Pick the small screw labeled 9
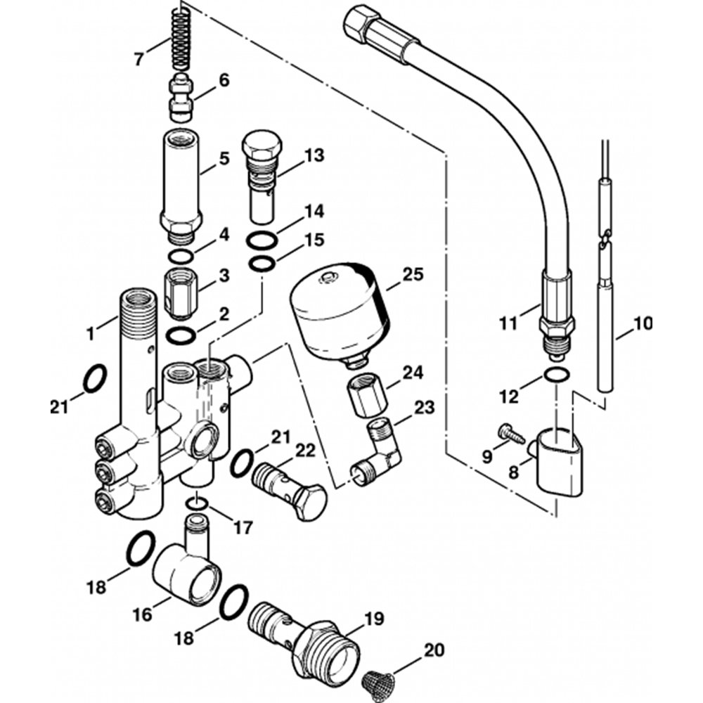[511, 434]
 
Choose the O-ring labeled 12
[557, 375]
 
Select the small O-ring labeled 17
[197, 504]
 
